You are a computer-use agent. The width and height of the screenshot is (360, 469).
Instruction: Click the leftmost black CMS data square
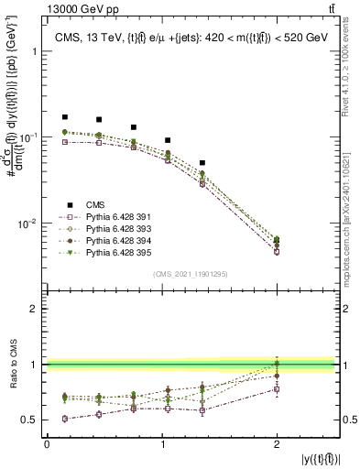click(64, 117)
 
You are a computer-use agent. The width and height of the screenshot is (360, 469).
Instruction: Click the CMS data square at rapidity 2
click(277, 240)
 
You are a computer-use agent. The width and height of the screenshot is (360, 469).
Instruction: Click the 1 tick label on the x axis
click(162, 443)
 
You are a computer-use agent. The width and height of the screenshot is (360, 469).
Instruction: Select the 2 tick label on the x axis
click(277, 443)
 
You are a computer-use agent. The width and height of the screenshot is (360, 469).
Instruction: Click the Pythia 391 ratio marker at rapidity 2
click(277, 389)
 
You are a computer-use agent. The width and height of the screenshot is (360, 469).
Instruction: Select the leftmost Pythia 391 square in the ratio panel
click(64, 419)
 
